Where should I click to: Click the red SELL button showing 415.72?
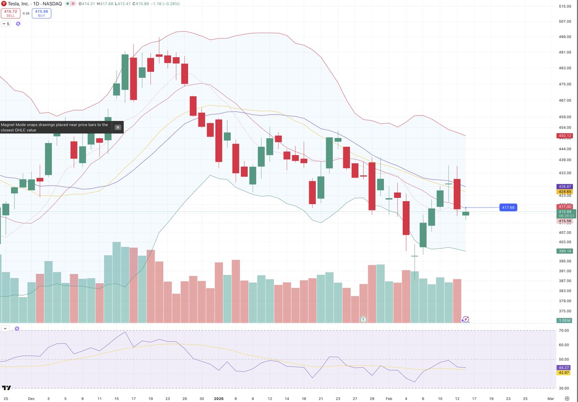[10, 13]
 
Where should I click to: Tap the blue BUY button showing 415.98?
[42, 13]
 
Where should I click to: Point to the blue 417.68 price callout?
[508, 207]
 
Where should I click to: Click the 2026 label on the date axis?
[219, 399]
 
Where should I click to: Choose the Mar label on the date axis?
[551, 399]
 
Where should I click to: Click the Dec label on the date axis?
[32, 399]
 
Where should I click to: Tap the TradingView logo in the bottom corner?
[7, 388]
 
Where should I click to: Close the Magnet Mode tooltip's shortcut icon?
[117, 127]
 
